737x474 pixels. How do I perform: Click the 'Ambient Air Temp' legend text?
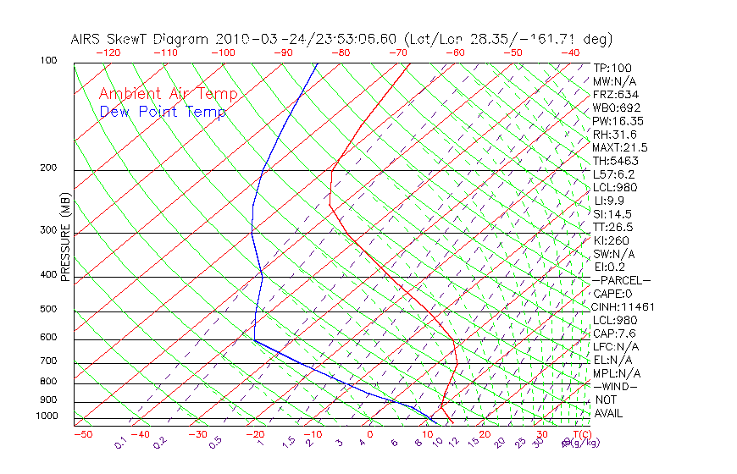tap(168, 94)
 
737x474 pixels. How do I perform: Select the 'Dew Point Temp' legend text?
tap(163, 112)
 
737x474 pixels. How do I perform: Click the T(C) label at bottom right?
tap(581, 434)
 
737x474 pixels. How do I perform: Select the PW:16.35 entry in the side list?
tap(618, 121)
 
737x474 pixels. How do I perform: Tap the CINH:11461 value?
tap(623, 306)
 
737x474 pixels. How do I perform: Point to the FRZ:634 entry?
tap(616, 95)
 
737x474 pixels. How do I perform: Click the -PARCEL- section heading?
tap(621, 280)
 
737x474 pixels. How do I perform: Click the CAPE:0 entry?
tap(612, 294)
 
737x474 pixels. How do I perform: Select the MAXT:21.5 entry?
tap(621, 148)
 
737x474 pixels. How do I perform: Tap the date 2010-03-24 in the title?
tap(255, 39)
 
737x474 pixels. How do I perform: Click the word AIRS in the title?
tap(87, 39)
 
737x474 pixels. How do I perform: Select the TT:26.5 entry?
tap(613, 227)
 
